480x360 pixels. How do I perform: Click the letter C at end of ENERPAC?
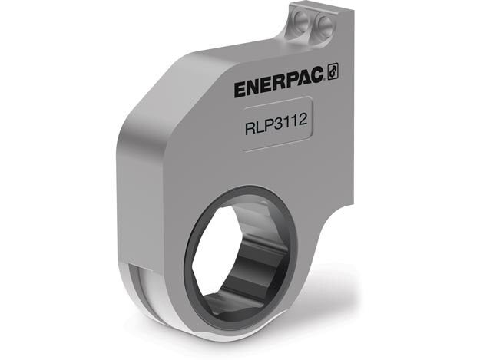[320, 74]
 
